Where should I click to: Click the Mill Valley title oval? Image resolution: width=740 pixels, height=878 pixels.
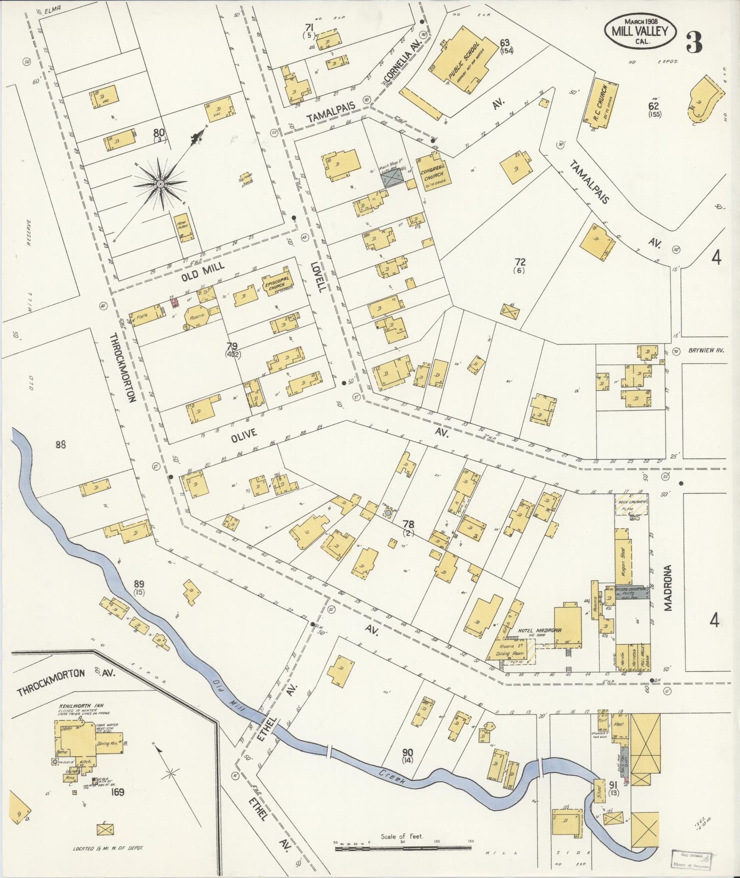click(640, 31)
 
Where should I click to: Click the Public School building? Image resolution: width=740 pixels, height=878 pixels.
click(463, 61)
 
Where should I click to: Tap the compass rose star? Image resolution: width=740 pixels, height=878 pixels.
click(160, 183)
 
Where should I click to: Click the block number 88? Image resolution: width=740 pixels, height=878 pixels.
click(61, 445)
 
